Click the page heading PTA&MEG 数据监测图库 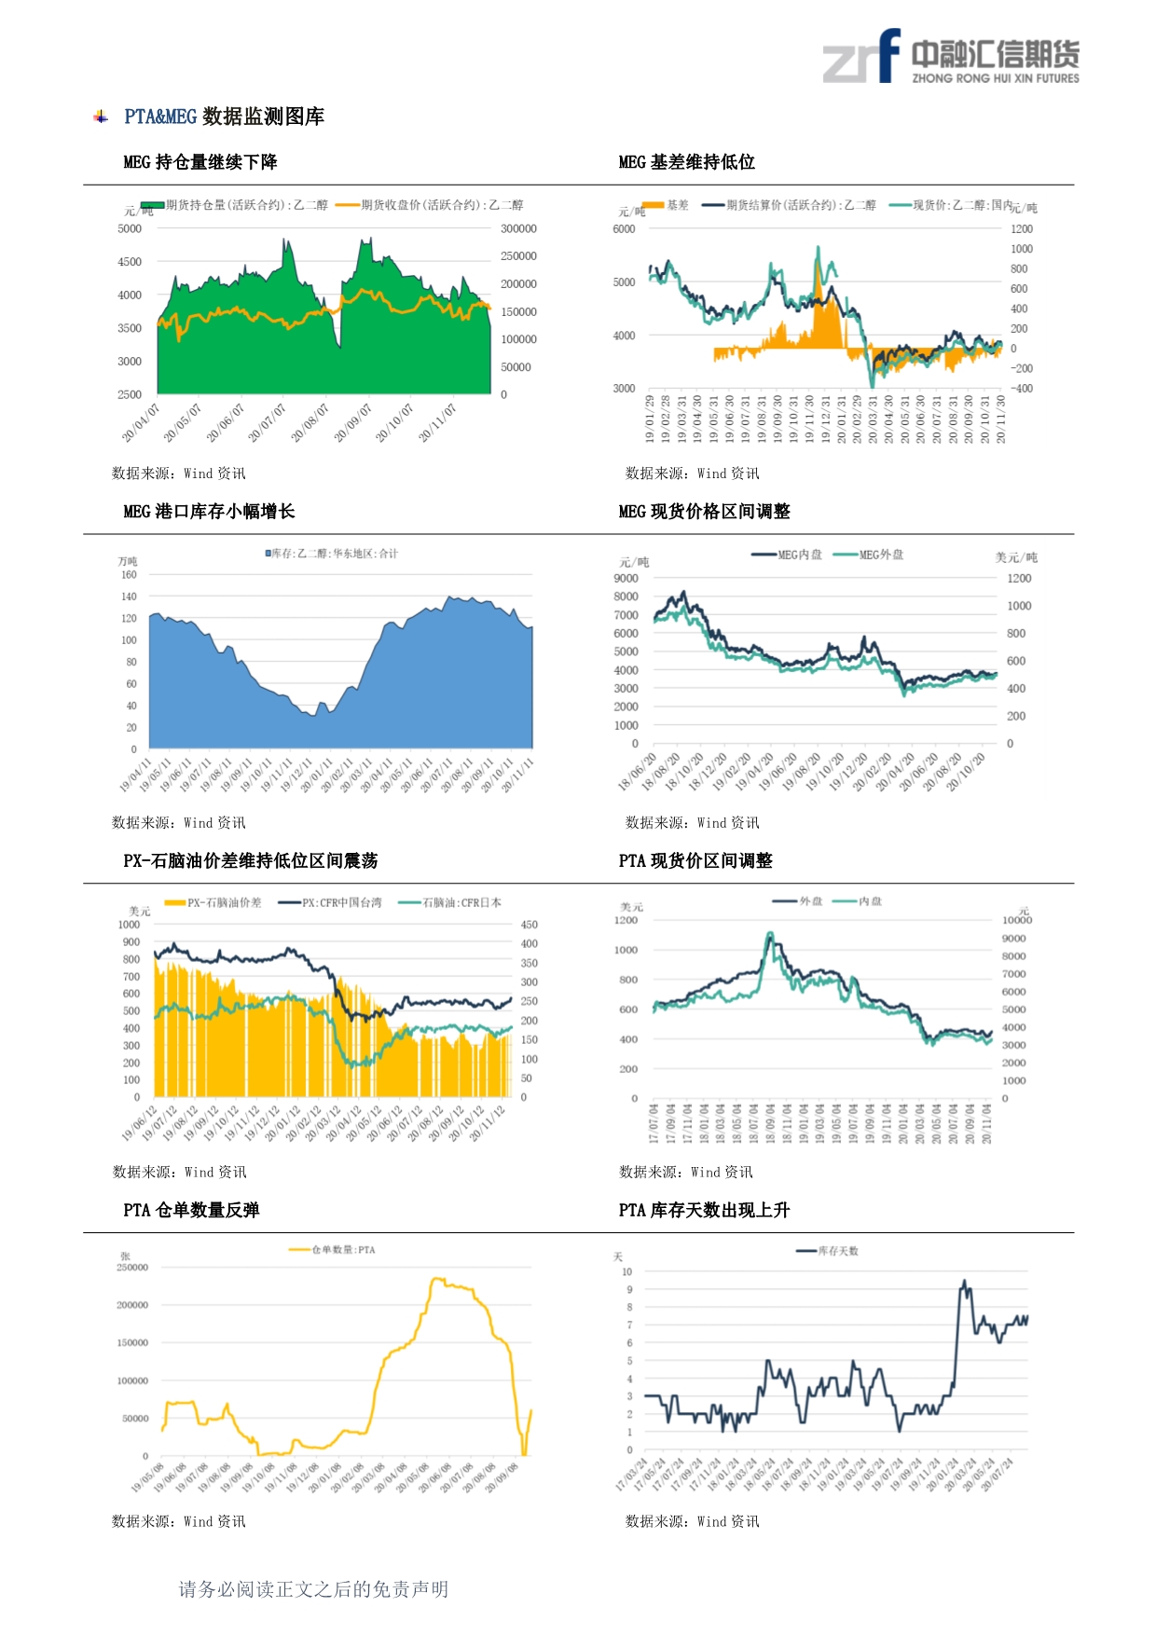tap(224, 117)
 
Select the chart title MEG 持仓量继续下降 tap(200, 162)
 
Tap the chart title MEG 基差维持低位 tap(686, 162)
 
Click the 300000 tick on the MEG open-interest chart tap(518, 228)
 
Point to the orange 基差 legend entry tap(666, 205)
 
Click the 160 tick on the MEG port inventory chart tap(129, 575)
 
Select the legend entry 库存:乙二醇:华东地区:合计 tap(332, 554)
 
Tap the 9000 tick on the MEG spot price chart tap(626, 578)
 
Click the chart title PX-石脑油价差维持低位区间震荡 tap(250, 861)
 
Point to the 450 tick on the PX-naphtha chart tap(529, 925)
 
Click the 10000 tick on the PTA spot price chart tap(1017, 920)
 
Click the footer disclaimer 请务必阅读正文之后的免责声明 tap(313, 1589)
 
